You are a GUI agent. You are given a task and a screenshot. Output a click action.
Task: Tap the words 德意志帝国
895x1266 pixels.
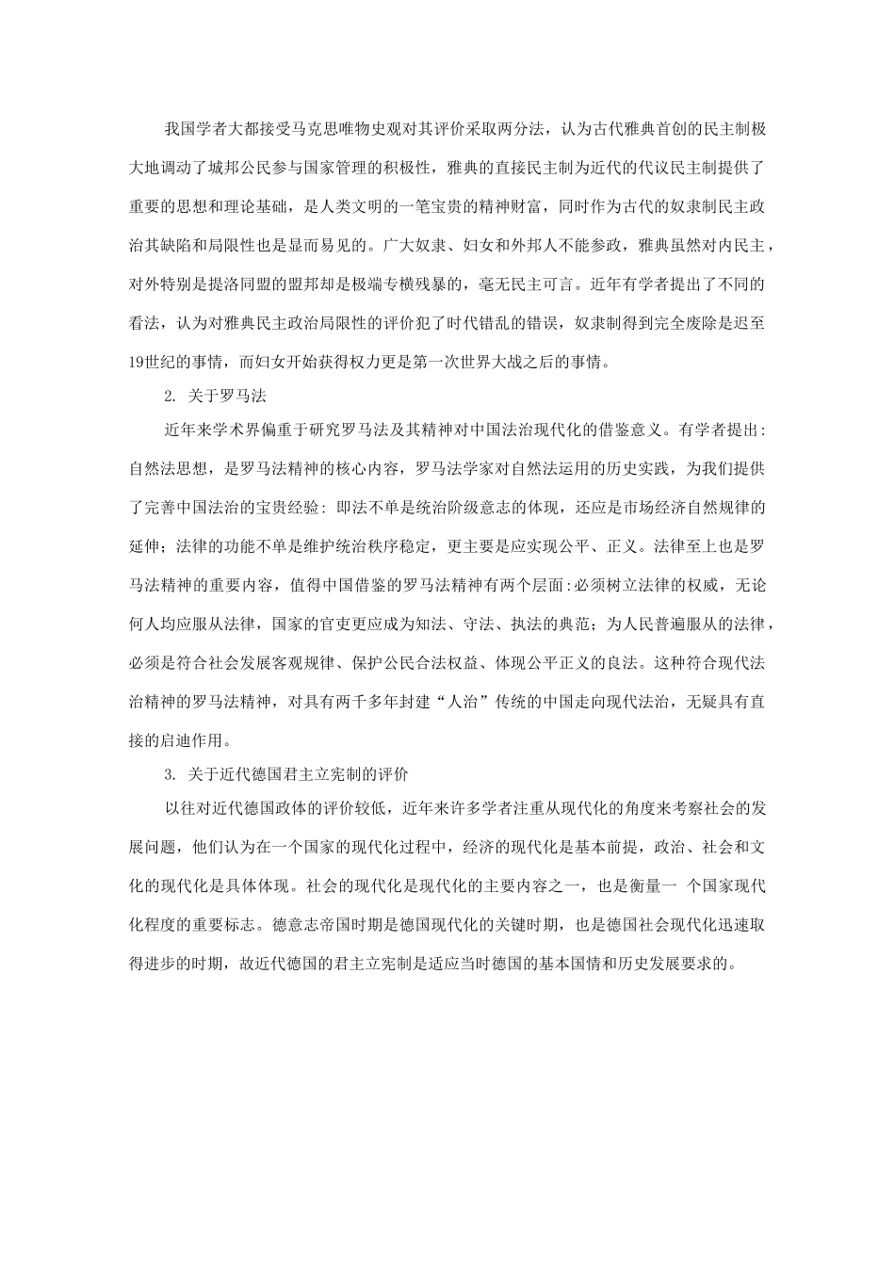pyautogui.click(x=304, y=926)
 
